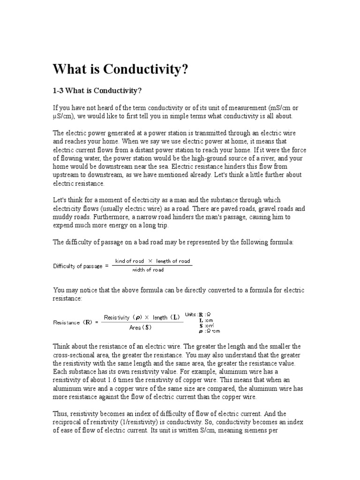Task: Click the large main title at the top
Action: (120, 69)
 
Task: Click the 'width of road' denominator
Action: (148, 270)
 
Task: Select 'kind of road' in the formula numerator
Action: (129, 261)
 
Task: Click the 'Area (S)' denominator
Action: (141, 327)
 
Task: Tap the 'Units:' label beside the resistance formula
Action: (191, 314)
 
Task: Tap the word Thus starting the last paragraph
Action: (61, 414)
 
